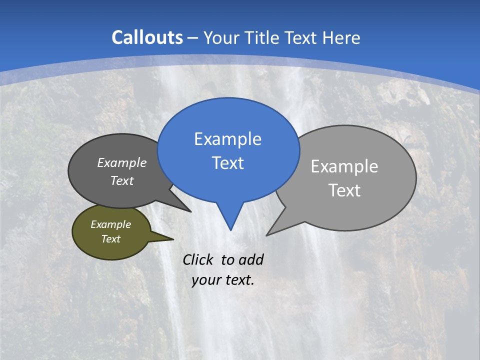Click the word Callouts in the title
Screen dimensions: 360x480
(147, 37)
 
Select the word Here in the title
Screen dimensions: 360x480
(341, 37)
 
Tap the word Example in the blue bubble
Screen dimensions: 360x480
(227, 139)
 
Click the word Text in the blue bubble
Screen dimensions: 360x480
(227, 163)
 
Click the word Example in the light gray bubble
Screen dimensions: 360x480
(344, 166)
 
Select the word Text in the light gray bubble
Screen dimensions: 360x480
(344, 190)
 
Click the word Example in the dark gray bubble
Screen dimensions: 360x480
(121, 162)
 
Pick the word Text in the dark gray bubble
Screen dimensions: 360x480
(121, 180)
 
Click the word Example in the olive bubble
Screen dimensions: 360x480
(110, 224)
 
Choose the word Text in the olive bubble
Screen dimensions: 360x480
(110, 239)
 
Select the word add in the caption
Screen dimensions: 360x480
(250, 259)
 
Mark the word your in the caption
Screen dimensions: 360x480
(205, 280)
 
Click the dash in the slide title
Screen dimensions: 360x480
(193, 38)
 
